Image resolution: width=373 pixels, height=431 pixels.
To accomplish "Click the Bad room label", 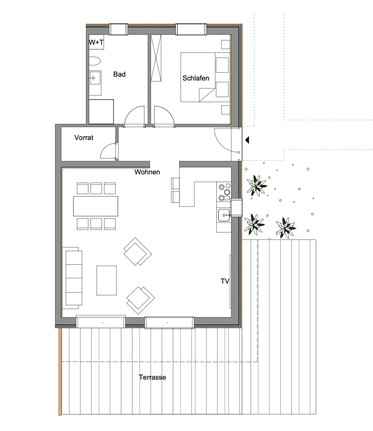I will pyautogui.click(x=120, y=74).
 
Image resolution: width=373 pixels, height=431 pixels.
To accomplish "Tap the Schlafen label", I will pyautogui.click(x=196, y=78).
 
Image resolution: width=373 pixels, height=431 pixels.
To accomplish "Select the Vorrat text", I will pyautogui.click(x=84, y=138).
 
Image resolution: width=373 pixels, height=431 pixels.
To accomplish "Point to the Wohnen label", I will pyautogui.click(x=147, y=172).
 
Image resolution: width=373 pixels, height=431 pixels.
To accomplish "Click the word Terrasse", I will pyautogui.click(x=152, y=377).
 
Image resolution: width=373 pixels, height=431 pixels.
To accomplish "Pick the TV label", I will pyautogui.click(x=225, y=281).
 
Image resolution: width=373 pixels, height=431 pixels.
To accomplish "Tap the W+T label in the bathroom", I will pyautogui.click(x=96, y=42).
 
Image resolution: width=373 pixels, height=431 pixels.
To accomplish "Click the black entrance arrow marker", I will pyautogui.click(x=247, y=140).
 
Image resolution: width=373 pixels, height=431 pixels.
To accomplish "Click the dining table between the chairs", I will pyautogui.click(x=96, y=206).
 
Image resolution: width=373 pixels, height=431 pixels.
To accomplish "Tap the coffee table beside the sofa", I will pyautogui.click(x=107, y=281).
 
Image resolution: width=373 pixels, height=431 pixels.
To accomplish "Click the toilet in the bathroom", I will pyautogui.click(x=94, y=61).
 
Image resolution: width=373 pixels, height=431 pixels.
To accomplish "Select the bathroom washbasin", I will pyautogui.click(x=95, y=78).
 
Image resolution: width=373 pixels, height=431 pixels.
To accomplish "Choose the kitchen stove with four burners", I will pyautogui.click(x=224, y=191).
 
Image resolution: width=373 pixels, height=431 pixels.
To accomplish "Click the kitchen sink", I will pyautogui.click(x=223, y=215).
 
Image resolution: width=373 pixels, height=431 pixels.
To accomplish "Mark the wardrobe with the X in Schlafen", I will pyautogui.click(x=156, y=58).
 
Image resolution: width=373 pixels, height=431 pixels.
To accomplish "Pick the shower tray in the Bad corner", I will pyautogui.click(x=101, y=112).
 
